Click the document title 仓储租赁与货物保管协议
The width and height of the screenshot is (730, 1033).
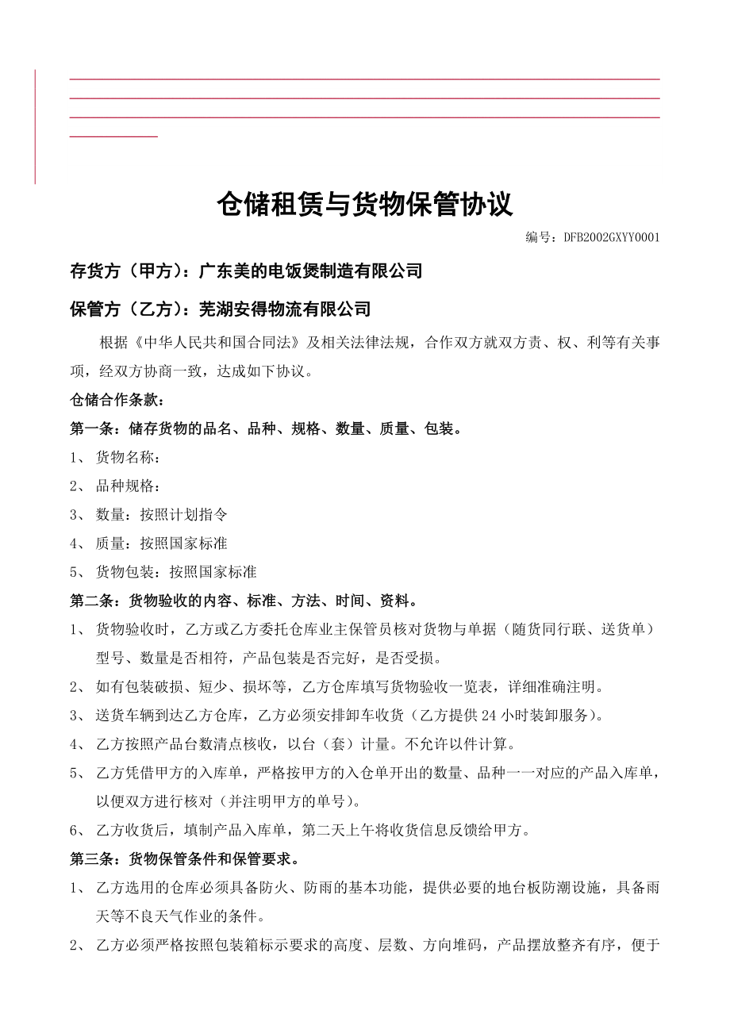(x=365, y=205)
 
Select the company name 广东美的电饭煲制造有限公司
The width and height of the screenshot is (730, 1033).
(x=309, y=271)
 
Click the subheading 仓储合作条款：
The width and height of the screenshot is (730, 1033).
(x=117, y=400)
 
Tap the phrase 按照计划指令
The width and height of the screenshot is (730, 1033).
(x=184, y=515)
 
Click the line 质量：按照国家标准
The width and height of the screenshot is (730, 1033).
(x=161, y=543)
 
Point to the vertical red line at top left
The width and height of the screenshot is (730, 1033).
(x=35, y=127)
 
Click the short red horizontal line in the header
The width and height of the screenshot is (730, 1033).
(x=113, y=136)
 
